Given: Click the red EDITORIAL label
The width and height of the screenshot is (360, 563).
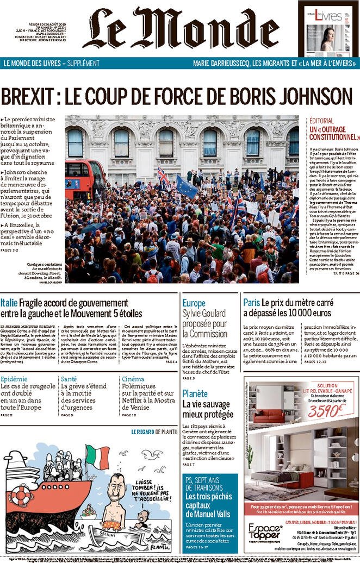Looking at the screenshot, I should (326, 121).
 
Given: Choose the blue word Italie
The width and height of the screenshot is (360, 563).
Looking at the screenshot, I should (9, 303).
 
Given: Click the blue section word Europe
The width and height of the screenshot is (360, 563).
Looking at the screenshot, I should (194, 303).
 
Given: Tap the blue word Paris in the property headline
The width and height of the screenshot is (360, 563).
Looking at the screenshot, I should (251, 303).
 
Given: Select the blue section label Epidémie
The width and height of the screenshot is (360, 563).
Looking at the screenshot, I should (14, 379).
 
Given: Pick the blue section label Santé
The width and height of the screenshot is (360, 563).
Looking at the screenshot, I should (69, 379).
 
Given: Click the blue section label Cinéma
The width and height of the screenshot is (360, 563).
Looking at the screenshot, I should (133, 379).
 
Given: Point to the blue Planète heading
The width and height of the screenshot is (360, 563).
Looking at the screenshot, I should (195, 393).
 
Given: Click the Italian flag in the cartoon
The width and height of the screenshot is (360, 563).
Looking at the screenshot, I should (97, 455).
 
